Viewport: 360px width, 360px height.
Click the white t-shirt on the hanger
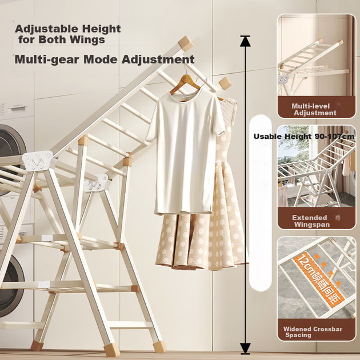(x=186, y=151)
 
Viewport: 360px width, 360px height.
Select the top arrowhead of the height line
(x=245, y=41)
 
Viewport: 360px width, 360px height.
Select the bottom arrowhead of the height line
(x=245, y=349)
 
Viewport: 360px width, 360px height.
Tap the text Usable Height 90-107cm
(x=304, y=137)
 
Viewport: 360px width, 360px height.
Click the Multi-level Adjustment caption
(x=314, y=110)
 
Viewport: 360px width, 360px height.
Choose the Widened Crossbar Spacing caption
(x=313, y=332)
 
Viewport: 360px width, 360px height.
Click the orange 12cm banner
(x=319, y=279)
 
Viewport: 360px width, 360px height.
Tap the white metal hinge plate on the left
(x=37, y=161)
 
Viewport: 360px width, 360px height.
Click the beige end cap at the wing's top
(x=186, y=43)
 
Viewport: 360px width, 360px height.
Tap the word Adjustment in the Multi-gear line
(x=158, y=59)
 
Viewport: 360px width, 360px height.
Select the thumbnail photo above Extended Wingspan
(x=317, y=166)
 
